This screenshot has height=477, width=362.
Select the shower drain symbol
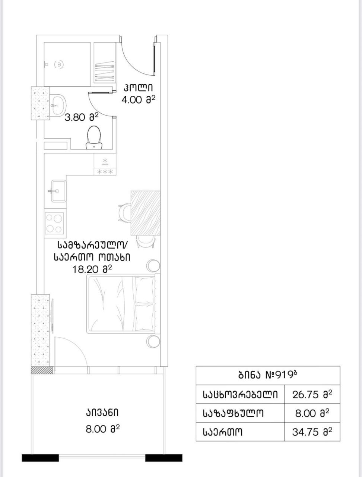(x=59, y=64)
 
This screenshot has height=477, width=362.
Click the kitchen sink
(x=58, y=191)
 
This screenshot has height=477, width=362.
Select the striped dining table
(x=145, y=213)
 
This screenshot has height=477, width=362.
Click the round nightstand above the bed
(x=153, y=266)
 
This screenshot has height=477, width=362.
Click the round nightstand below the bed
(x=153, y=341)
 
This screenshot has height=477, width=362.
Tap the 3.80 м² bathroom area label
(x=81, y=118)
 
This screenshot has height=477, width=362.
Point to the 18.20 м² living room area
(x=92, y=269)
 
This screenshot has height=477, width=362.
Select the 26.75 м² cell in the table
(x=312, y=395)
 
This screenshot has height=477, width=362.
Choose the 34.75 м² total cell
(x=312, y=432)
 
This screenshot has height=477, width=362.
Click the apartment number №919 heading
(x=268, y=375)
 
